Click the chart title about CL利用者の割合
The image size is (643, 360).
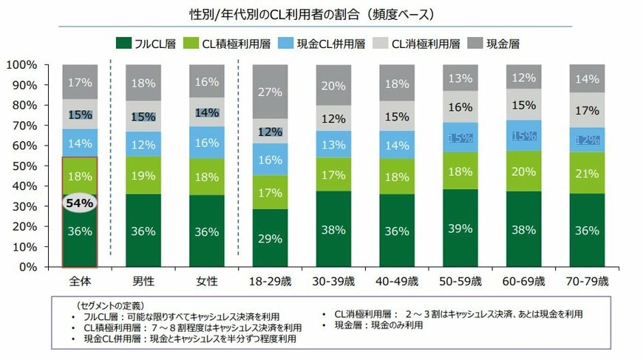[321, 14]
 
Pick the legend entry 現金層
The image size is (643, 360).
[494, 44]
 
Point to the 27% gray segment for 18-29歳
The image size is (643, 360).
[271, 92]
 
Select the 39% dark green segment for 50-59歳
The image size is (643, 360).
[461, 228]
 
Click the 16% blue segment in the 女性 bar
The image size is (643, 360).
[207, 142]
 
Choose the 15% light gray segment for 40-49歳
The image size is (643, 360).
[398, 116]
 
